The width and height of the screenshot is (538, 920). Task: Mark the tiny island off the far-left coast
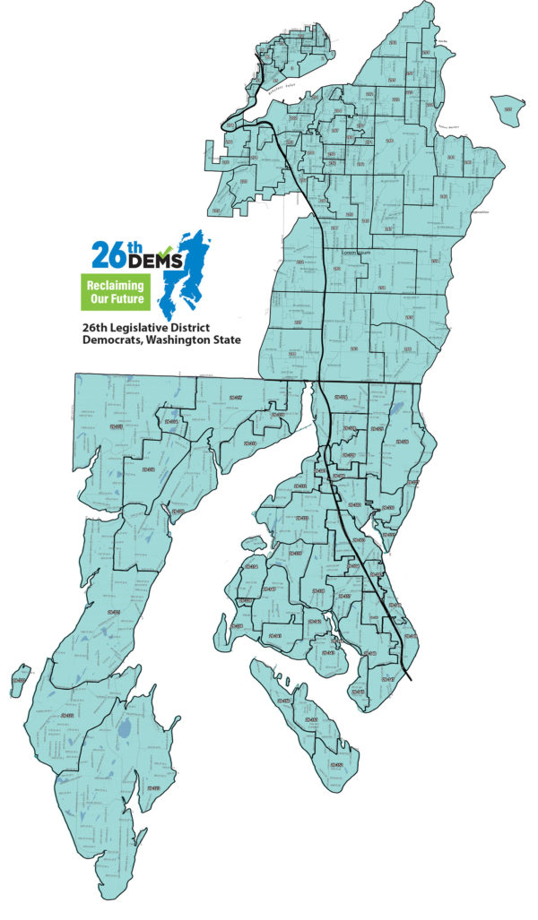[x=20, y=680]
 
